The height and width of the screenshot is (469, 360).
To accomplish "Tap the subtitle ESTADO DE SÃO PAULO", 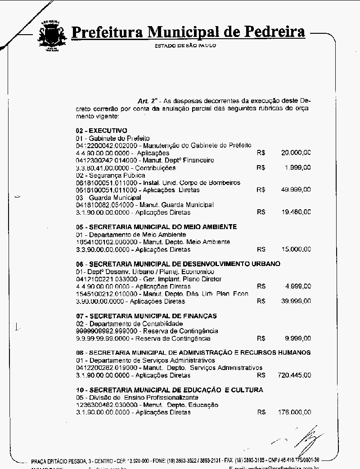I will tap(185, 45).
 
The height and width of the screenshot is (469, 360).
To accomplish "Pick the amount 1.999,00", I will tap(297, 168).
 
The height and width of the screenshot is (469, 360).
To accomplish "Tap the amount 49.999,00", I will tap(296, 190).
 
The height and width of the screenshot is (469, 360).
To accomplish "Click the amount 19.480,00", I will tap(296, 212).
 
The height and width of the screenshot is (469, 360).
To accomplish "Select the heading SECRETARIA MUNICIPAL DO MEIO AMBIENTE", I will tap(156, 227).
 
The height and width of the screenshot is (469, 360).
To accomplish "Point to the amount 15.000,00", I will tap(296, 249).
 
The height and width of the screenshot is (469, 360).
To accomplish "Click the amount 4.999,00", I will tap(297, 286).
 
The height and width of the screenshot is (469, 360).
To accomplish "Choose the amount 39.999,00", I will tap(296, 301).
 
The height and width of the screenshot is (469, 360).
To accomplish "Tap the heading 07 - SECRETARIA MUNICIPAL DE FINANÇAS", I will tap(146, 316).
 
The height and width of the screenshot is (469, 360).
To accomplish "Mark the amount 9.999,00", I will tap(297, 338).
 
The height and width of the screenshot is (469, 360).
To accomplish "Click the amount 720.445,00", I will tap(294, 375).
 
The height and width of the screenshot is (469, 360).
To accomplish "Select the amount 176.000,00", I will tap(294, 412).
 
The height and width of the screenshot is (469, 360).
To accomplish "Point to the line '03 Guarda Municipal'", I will tap(108, 198).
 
